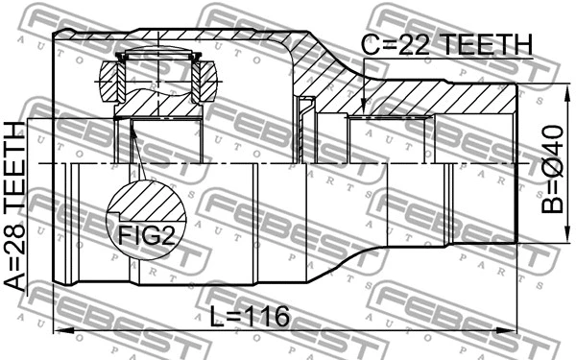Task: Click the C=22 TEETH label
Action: [x=445, y=44]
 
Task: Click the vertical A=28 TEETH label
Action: [x=16, y=205]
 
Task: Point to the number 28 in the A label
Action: [x=16, y=228]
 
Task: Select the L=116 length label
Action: [x=252, y=317]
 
